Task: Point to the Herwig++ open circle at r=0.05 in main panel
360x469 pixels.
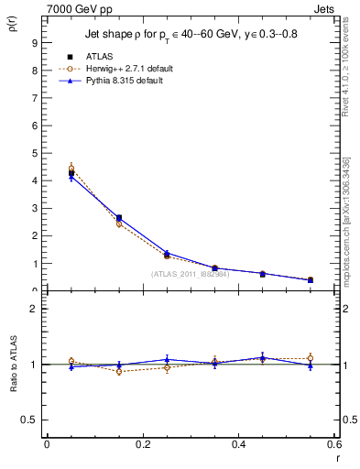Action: click(x=71, y=169)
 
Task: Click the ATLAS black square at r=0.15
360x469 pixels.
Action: click(x=119, y=218)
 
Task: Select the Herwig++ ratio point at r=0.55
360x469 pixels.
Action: click(x=310, y=358)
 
